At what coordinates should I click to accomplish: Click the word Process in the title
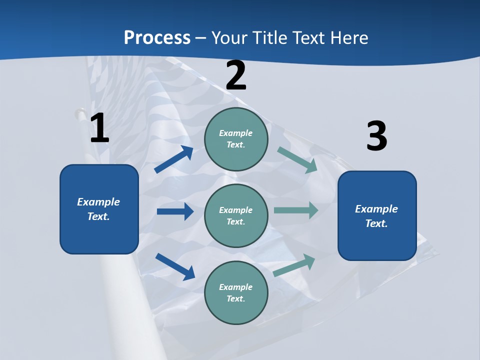[157, 37]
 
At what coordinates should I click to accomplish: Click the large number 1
[99, 128]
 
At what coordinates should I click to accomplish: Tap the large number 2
[236, 76]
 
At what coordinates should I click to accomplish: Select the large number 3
[376, 136]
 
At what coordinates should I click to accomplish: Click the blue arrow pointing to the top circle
[173, 159]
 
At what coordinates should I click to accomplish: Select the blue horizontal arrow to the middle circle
[175, 211]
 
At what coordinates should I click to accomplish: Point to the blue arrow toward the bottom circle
[175, 266]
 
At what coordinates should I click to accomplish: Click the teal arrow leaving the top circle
[297, 159]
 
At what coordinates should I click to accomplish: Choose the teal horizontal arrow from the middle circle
[296, 210]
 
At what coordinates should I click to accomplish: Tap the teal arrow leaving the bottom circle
[294, 265]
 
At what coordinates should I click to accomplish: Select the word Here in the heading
[348, 37]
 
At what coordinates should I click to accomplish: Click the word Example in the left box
[98, 202]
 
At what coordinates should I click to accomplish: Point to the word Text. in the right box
[376, 223]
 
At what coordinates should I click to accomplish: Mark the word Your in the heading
[229, 37]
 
